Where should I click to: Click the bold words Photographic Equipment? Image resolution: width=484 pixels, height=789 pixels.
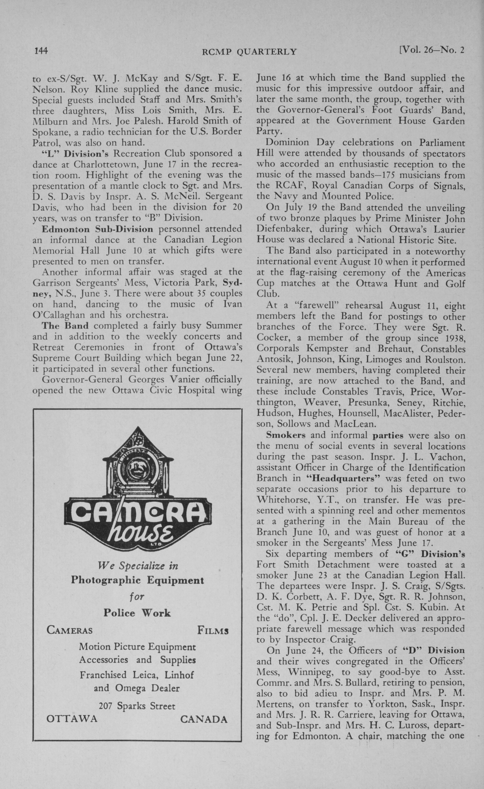coord(137,580)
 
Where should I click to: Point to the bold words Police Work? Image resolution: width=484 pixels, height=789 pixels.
coord(137,613)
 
